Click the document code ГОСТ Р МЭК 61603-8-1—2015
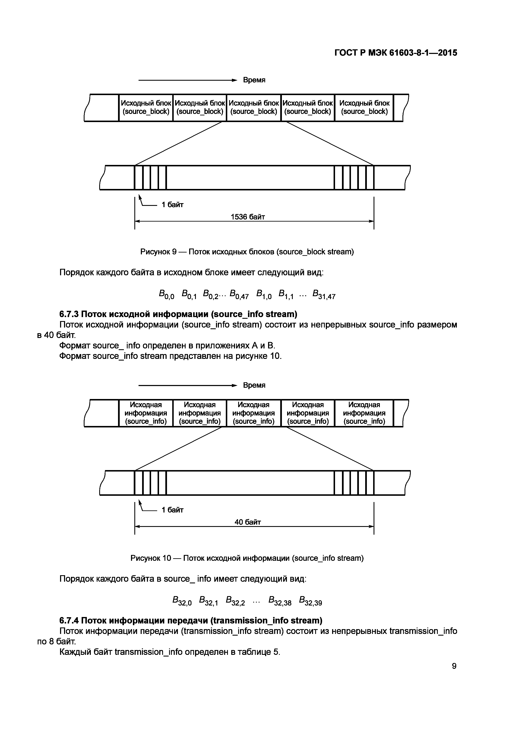tap(396, 53)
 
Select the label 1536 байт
tap(248, 217)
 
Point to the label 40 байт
tap(248, 522)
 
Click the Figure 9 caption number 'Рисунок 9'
tap(158, 252)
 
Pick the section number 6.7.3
tap(69, 315)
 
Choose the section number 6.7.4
tap(69, 620)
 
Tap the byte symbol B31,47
tap(324, 294)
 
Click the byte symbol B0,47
tap(239, 294)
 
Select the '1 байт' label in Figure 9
tap(173, 205)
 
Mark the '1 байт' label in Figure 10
tap(173, 510)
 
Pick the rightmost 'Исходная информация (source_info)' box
tap(364, 413)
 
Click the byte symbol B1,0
tap(264, 294)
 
